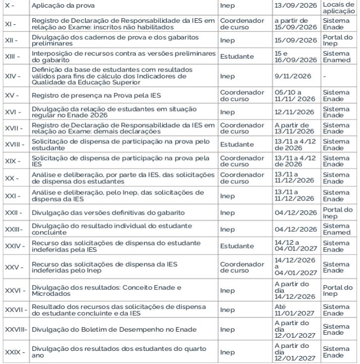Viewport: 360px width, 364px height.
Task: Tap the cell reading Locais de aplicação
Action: pos(339,8)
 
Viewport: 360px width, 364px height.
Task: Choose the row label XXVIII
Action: pos(16,330)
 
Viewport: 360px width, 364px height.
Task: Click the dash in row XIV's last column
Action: pos(325,76)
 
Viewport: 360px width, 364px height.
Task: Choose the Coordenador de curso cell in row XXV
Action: pos(242,267)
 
